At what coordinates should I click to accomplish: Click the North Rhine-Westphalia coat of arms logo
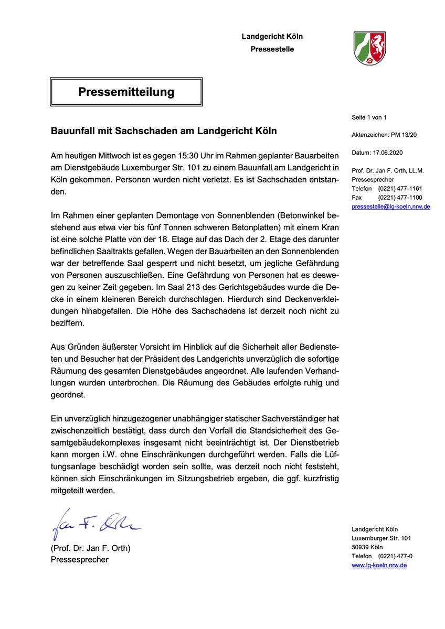click(369, 48)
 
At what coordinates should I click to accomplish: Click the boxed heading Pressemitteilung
click(126, 92)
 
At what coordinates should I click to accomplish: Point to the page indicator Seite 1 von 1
click(369, 117)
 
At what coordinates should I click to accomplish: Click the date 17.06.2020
click(387, 153)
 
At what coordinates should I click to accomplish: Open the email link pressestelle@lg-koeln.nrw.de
click(391, 207)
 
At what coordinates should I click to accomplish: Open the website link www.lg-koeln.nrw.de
click(379, 565)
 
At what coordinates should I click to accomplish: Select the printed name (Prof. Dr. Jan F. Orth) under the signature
click(90, 549)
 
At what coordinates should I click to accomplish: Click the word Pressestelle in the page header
click(272, 49)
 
